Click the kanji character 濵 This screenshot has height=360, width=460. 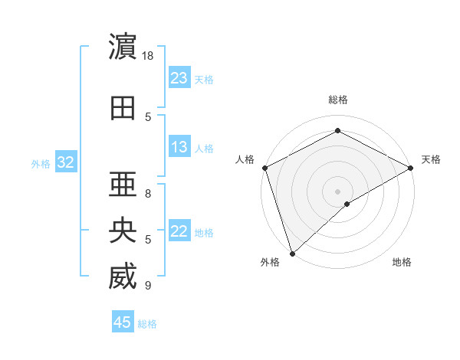coord(123,47)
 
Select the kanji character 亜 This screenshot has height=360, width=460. coord(123,182)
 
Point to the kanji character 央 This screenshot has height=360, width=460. coord(123,231)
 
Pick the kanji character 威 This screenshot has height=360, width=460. coord(123,277)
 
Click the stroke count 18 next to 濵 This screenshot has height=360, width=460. coord(149,56)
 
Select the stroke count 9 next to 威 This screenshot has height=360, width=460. coord(148,286)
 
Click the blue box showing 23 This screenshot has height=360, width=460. coord(179,77)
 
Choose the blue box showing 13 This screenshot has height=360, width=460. coord(179,147)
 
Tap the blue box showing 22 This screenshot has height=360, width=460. coord(179,231)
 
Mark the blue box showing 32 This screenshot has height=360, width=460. coord(66,162)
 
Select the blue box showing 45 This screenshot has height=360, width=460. coord(123,322)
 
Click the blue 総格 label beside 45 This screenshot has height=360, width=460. coord(147,324)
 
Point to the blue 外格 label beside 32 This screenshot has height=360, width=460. coord(41,164)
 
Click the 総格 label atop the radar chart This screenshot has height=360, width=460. coord(337,100)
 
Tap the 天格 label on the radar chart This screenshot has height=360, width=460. coord(431,159)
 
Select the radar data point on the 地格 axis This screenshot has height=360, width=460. coord(347,204)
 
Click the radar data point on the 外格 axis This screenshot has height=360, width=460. coord(292,253)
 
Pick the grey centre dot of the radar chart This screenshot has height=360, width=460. coord(337,191)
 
